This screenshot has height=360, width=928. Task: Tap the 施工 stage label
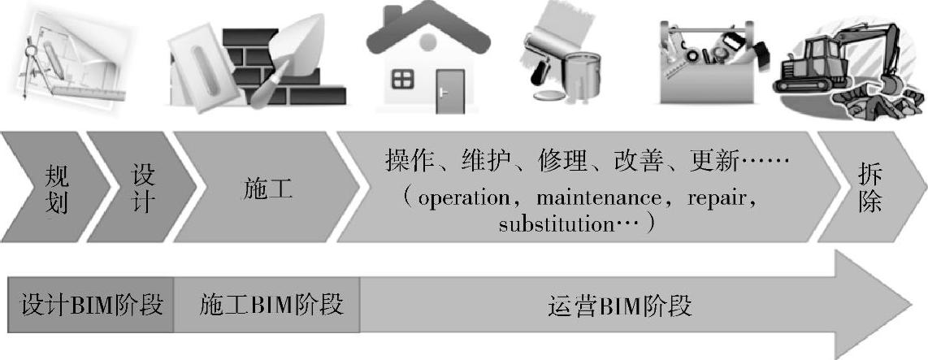[267, 189]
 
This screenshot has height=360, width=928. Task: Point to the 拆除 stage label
[869, 189]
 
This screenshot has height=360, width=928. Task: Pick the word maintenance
[588, 197]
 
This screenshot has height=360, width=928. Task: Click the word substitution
[549, 223]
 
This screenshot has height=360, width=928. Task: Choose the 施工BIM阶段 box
[271, 306]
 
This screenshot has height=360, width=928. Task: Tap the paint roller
[546, 49]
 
